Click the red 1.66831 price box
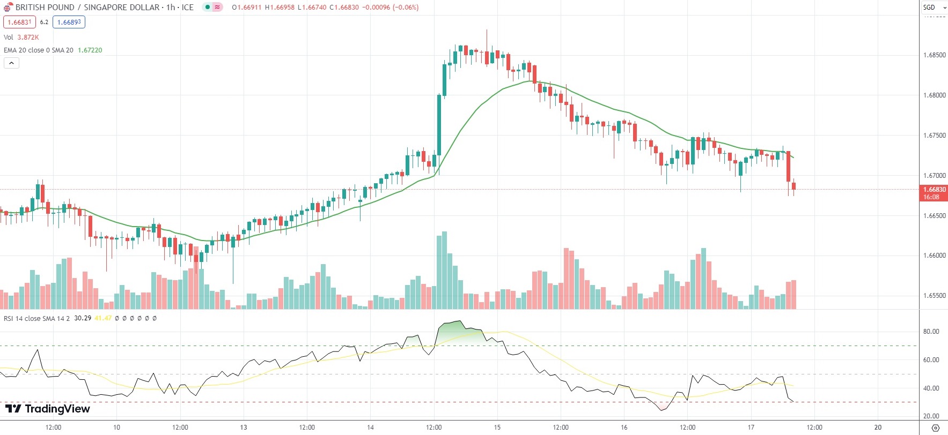point(19,22)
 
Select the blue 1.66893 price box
point(69,22)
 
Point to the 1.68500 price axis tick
point(934,55)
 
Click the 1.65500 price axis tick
point(934,296)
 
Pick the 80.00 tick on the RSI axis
point(931,332)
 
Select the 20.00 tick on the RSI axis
point(931,416)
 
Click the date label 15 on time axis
point(497,427)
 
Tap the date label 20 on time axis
point(878,427)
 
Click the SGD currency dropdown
point(934,7)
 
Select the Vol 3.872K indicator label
point(21,37)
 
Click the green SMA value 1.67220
point(90,50)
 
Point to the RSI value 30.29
point(83,318)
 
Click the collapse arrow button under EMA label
point(11,63)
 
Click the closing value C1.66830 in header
point(344,7)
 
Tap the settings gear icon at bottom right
point(935,427)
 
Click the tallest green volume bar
point(444,271)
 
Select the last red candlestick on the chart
point(793,186)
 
